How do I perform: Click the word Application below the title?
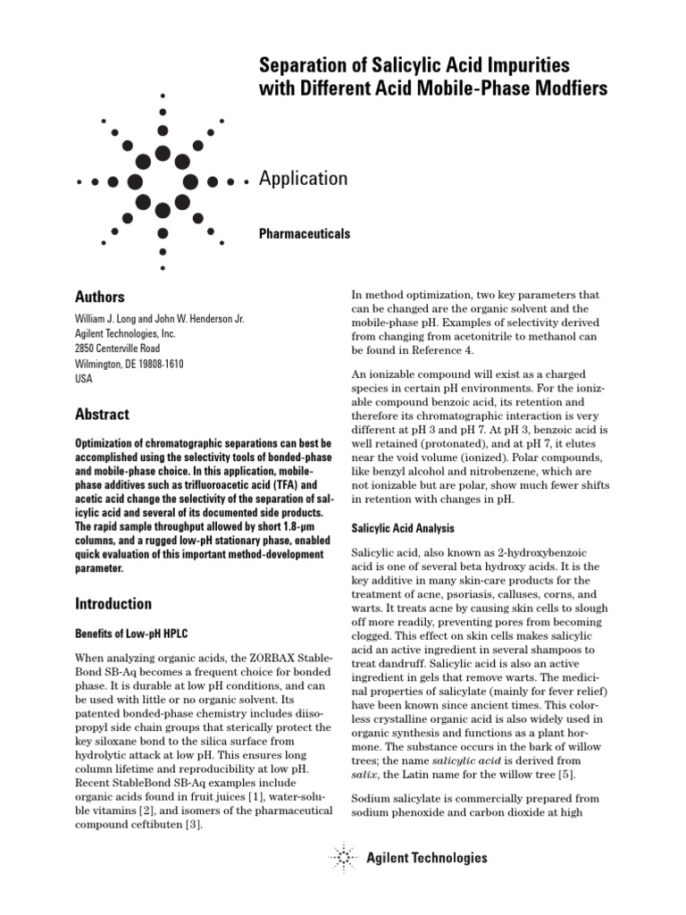[303, 179]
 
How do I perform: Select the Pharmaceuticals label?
[304, 234]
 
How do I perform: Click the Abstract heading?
[101, 415]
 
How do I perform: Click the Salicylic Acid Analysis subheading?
[404, 529]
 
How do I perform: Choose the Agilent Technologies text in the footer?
[427, 859]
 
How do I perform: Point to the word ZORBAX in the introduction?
[255, 659]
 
